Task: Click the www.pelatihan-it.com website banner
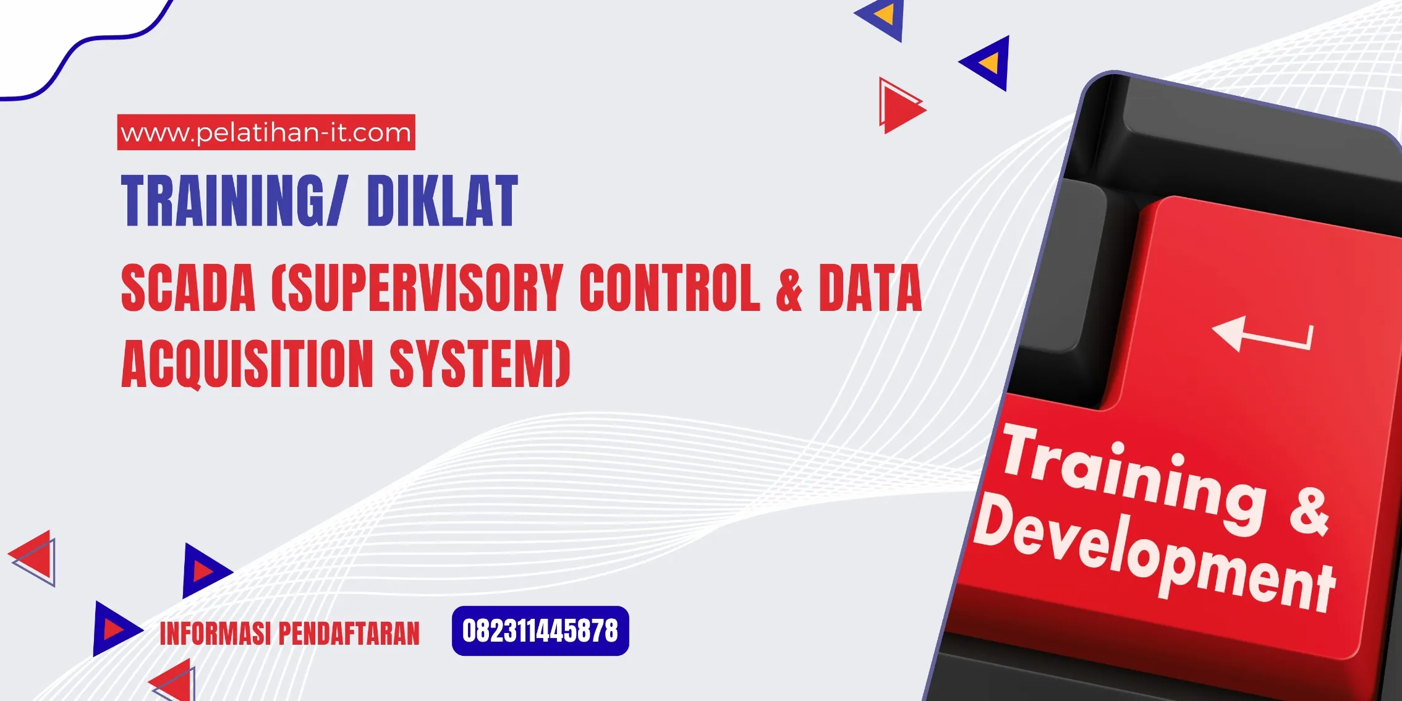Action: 266,132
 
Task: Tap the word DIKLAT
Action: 442,201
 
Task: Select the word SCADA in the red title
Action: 188,288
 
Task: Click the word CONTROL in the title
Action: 669,288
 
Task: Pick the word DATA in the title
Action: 870,288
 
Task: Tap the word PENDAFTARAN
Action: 349,634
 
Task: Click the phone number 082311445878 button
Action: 540,631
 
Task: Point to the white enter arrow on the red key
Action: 1261,335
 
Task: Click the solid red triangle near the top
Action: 901,108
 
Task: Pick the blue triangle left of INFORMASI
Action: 114,629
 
